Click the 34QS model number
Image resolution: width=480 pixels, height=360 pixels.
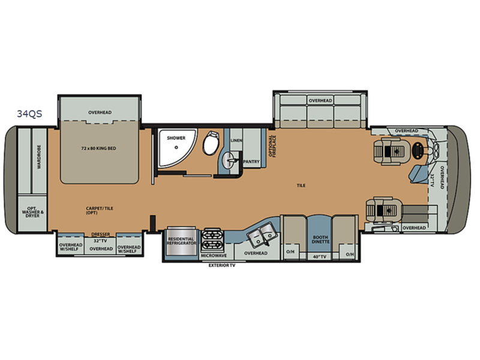[29, 113]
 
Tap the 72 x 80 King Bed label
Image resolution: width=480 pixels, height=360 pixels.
[98, 148]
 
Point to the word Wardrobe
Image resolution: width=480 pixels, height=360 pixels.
[39, 157]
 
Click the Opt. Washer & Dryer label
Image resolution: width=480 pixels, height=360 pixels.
[33, 212]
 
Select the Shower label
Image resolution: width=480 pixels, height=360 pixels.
[176, 138]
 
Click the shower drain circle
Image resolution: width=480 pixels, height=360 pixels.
[176, 147]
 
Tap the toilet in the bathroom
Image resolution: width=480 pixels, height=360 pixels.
[211, 143]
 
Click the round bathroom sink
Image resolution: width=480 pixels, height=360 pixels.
[230, 160]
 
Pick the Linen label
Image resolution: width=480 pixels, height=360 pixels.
[236, 140]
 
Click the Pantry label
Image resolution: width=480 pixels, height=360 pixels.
[251, 161]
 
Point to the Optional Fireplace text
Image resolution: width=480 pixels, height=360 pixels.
[272, 146]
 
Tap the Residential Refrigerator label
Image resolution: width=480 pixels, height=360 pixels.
[181, 241]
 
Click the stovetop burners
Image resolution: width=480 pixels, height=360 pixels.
[212, 239]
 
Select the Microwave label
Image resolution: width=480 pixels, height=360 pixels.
[214, 256]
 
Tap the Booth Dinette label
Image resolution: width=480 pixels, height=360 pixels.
[320, 239]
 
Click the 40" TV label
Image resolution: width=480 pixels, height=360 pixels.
[319, 257]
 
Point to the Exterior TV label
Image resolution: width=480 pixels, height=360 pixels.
[222, 265]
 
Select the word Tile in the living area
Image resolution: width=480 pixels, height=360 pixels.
[301, 185]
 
